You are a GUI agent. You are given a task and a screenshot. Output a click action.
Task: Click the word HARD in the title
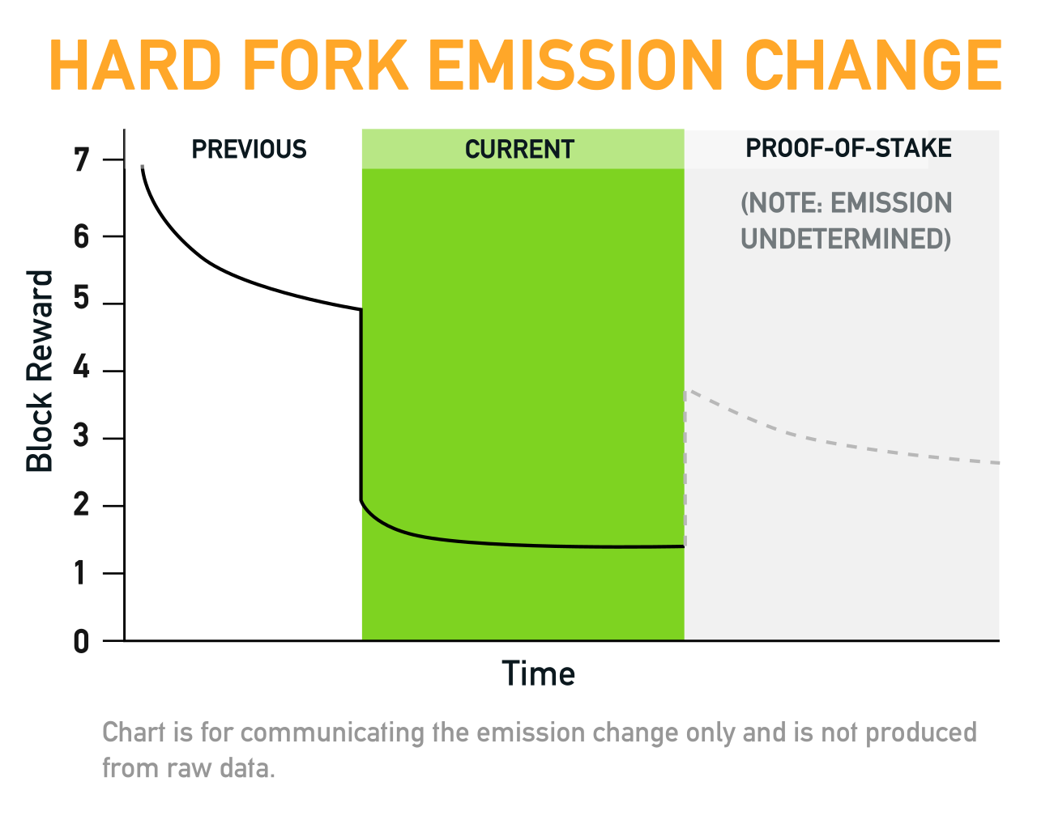point(135,65)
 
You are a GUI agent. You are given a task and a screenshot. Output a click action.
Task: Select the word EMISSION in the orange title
point(575,65)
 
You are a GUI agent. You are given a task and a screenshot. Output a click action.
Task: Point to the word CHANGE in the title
point(873,65)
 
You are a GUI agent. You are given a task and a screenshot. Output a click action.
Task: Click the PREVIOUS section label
point(250,149)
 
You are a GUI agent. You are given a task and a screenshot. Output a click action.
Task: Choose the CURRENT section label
point(519,149)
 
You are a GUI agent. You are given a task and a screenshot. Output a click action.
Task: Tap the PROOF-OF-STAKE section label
point(848,148)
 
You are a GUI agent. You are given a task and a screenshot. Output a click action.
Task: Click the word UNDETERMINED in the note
point(846,239)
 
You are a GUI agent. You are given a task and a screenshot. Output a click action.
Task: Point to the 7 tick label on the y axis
point(82,159)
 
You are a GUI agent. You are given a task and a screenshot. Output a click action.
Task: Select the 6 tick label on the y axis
point(82,236)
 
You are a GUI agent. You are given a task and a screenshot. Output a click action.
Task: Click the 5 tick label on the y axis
point(82,297)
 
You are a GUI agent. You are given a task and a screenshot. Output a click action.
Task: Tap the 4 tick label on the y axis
point(82,367)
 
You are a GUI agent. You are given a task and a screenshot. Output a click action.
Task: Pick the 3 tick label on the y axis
point(82,435)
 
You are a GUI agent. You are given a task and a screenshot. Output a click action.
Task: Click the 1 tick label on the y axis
point(80,572)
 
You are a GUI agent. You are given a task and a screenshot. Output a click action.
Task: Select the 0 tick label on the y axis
point(82,641)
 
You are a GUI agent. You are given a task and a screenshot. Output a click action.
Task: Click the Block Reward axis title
point(40,371)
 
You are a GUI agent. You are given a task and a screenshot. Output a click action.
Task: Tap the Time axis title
point(538,673)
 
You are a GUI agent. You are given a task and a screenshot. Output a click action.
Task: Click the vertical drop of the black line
point(361,406)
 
